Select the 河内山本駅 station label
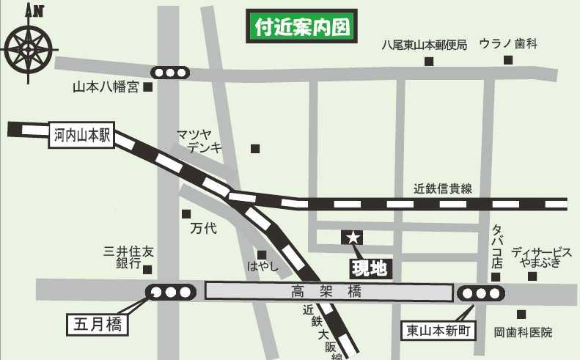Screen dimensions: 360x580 (81, 135)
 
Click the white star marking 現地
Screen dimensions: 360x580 (353, 237)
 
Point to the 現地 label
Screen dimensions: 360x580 (369, 268)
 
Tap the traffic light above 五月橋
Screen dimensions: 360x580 (171, 292)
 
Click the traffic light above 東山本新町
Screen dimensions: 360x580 (482, 293)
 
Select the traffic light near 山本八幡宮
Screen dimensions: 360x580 (170, 73)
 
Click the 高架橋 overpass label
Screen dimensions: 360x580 (328, 292)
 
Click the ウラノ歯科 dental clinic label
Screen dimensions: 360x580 (508, 44)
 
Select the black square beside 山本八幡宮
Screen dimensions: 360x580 (147, 87)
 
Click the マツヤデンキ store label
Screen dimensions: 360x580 (194, 140)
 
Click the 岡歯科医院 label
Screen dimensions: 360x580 (523, 332)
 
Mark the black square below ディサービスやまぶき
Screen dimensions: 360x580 (532, 276)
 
